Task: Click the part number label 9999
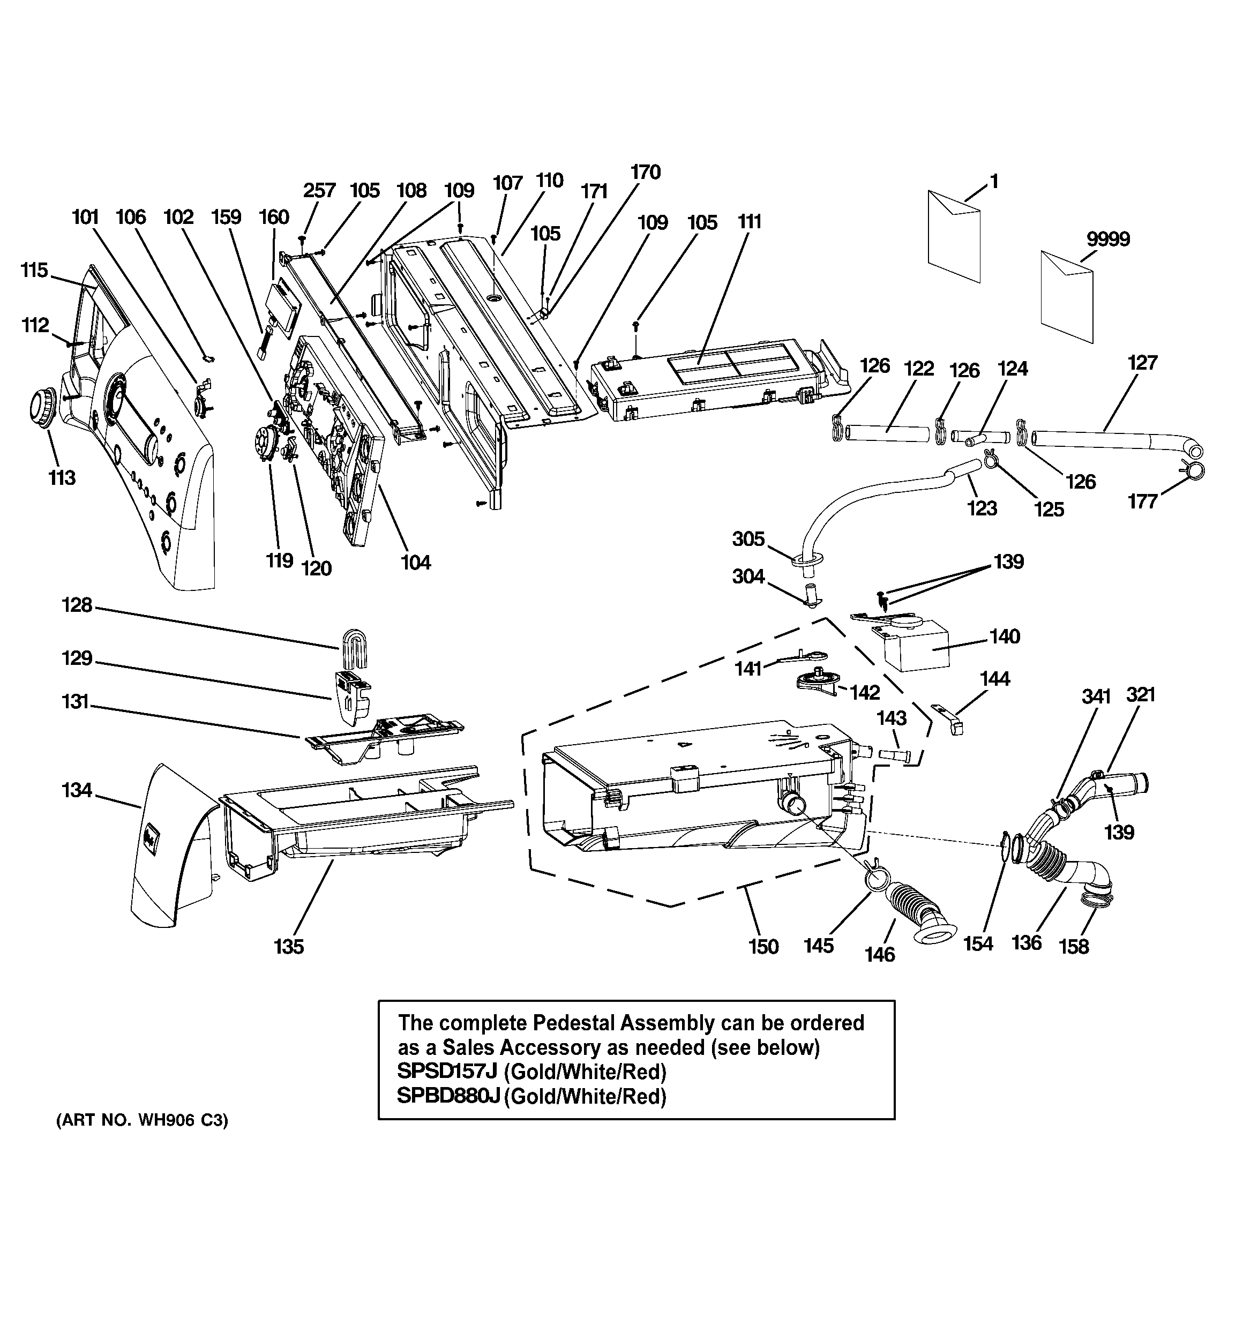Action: (1107, 239)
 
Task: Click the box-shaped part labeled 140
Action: (916, 646)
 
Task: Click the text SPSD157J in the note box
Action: (448, 1089)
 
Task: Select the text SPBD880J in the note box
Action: (448, 1114)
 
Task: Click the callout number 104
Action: (415, 563)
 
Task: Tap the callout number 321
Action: (1140, 694)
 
